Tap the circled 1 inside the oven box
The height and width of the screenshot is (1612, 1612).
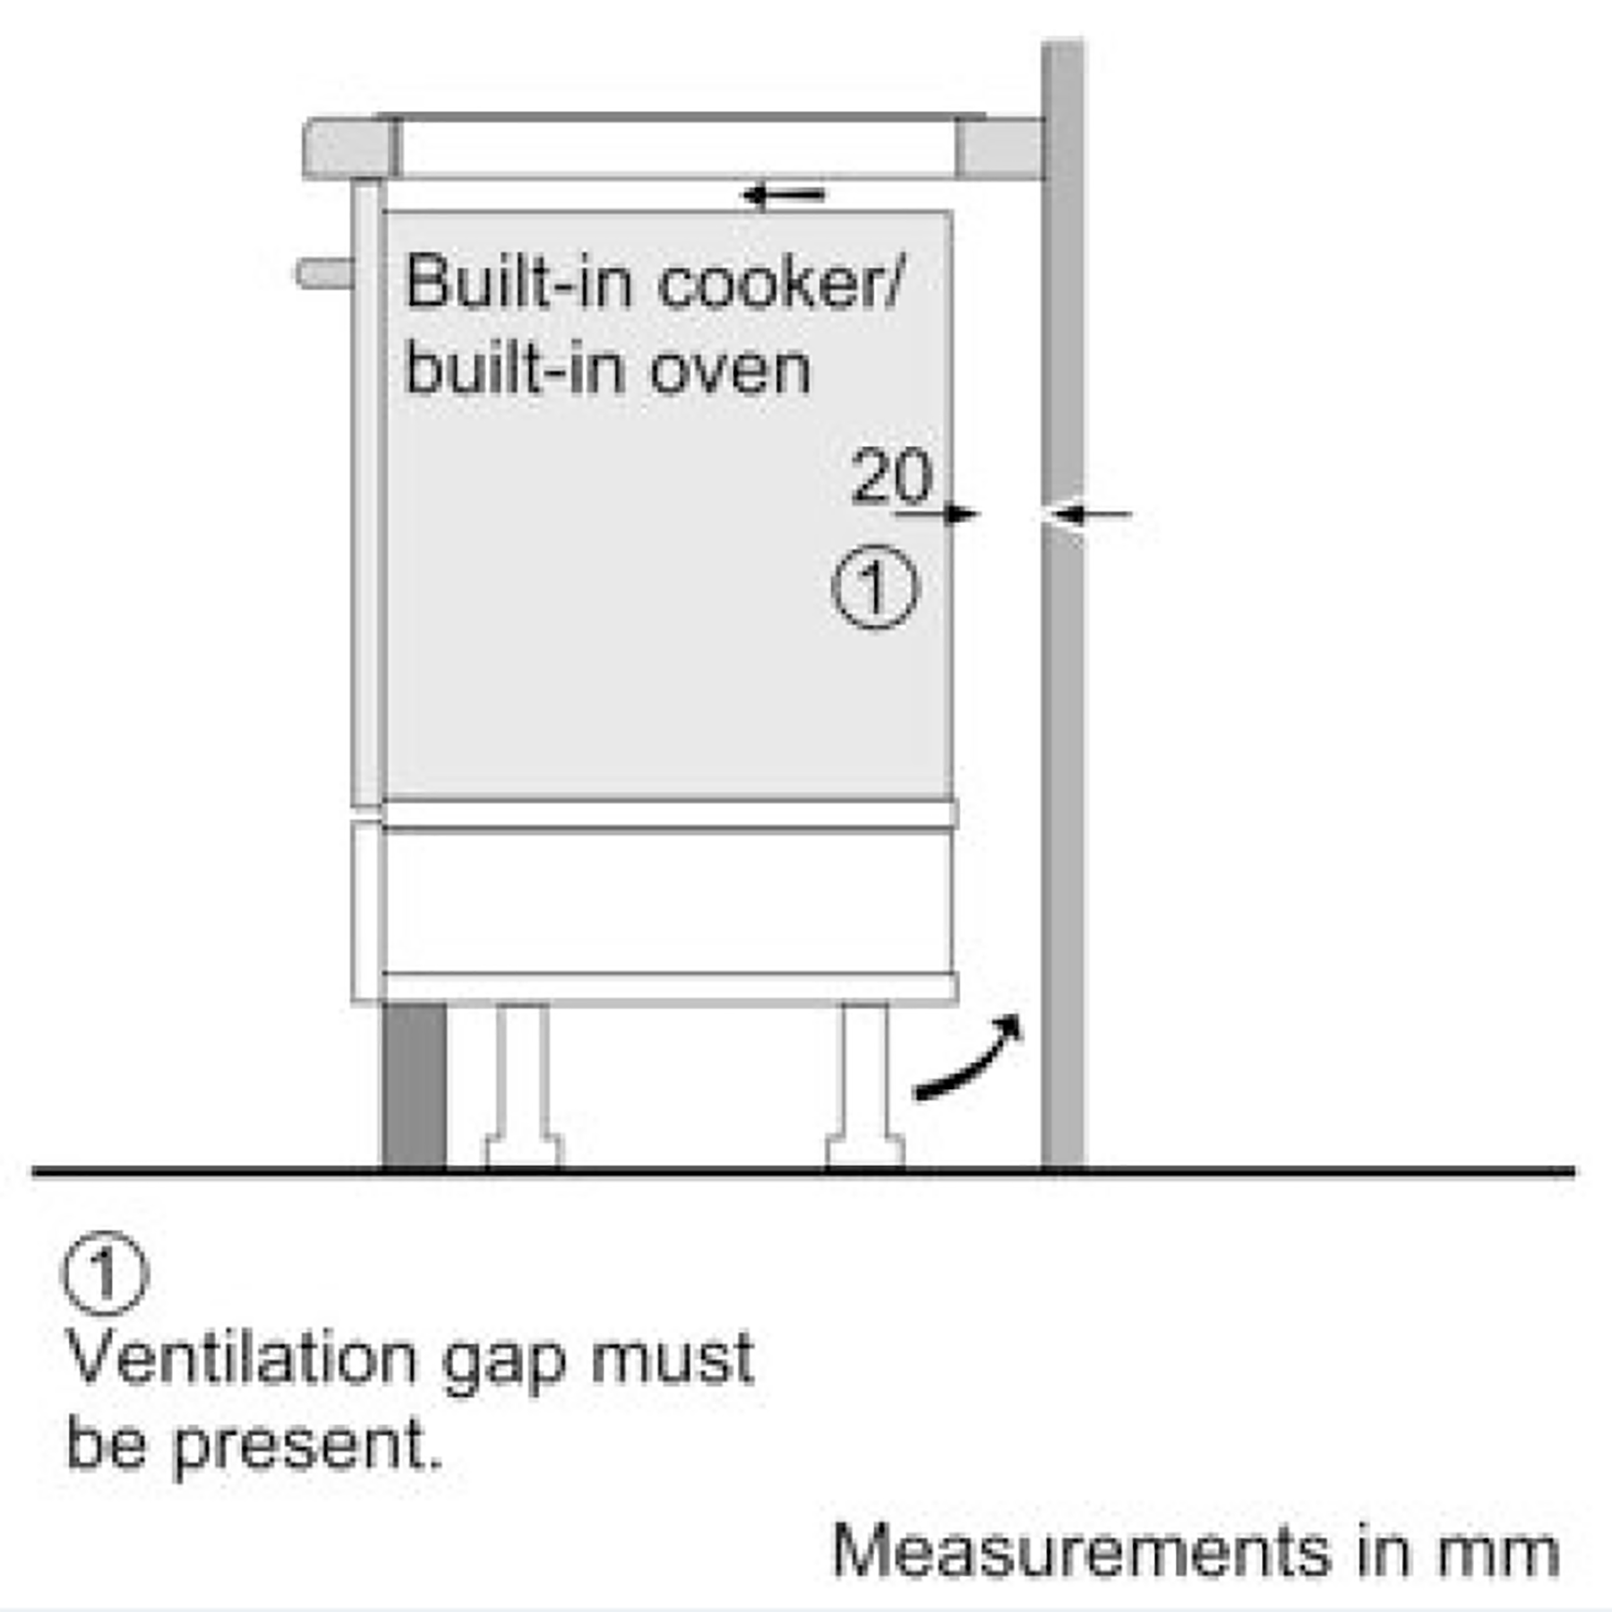[x=875, y=587]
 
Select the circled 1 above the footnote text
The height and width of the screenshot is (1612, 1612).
[x=105, y=1273]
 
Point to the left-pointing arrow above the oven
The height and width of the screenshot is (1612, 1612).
[x=784, y=194]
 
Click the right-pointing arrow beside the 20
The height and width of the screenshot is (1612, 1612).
[x=938, y=514]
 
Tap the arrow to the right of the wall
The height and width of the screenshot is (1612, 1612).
[x=1091, y=514]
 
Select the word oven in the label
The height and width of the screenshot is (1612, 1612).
[x=730, y=370]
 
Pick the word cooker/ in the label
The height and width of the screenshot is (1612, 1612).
[x=782, y=284]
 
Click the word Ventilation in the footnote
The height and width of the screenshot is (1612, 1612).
[x=242, y=1359]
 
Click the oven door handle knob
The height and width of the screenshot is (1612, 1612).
[x=324, y=273]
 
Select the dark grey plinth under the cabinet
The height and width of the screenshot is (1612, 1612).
[x=414, y=1085]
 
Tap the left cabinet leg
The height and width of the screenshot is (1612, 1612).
[x=524, y=1086]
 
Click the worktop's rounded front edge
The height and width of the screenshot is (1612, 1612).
[x=350, y=148]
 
